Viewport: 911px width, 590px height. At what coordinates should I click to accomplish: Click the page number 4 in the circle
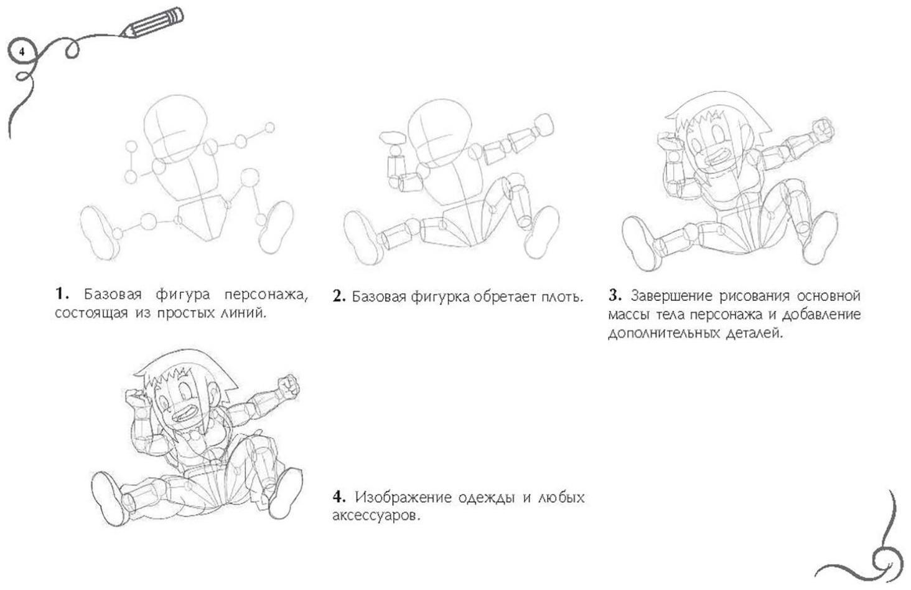coord(22,52)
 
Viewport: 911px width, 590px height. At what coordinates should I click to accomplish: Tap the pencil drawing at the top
coord(152,22)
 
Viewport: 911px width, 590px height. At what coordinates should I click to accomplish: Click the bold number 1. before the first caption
coord(62,293)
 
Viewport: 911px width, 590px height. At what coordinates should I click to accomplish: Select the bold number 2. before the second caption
coord(339,297)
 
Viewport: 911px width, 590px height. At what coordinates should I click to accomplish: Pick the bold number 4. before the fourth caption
coord(339,497)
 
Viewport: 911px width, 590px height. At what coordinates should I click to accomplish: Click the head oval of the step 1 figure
coord(175,130)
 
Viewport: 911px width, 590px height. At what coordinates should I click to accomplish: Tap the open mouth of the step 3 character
coord(720,156)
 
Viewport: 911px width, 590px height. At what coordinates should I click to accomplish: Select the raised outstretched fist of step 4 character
coord(288,387)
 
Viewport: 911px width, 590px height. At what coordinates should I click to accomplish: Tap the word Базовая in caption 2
coord(378,297)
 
